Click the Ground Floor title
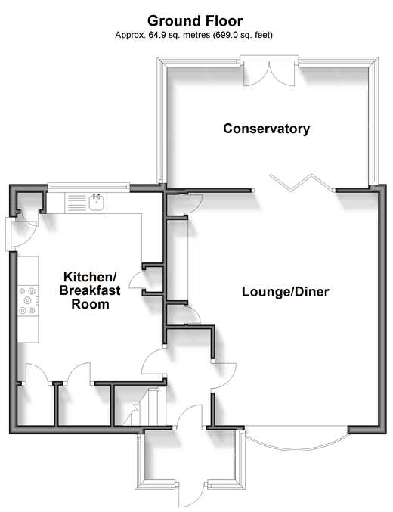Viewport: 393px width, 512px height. pyautogui.click(x=195, y=21)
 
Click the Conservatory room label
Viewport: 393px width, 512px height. pyautogui.click(x=266, y=129)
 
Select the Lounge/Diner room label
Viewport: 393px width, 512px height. pyautogui.click(x=285, y=292)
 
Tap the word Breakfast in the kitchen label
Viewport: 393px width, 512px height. pyautogui.click(x=90, y=290)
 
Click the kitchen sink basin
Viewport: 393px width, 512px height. pyautogui.click(x=97, y=203)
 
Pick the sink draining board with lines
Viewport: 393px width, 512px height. pyautogui.click(x=76, y=203)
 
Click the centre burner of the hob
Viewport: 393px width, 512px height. pyautogui.click(x=28, y=300)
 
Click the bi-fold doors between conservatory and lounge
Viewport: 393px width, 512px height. pyautogui.click(x=302, y=182)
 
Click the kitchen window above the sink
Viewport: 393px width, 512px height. pyautogui.click(x=88, y=187)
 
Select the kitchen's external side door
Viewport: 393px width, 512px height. pyautogui.click(x=20, y=234)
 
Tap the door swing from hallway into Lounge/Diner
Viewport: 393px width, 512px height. pyautogui.click(x=225, y=375)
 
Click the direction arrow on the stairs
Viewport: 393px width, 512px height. pyautogui.click(x=135, y=407)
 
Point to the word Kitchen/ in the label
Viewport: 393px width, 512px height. pyautogui.click(x=90, y=277)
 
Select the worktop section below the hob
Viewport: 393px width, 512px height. pyautogui.click(x=28, y=330)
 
